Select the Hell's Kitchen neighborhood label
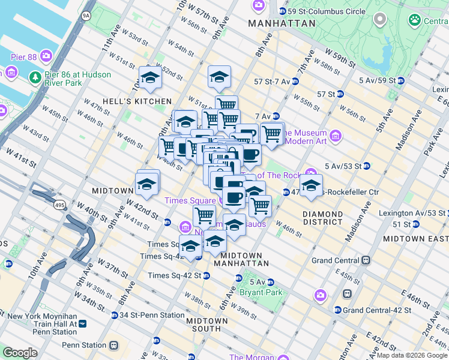pyautogui.click(x=137, y=101)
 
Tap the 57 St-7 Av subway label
pyautogui.click(x=272, y=81)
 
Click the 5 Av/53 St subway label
pyautogui.click(x=342, y=166)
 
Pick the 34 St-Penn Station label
pyautogui.click(x=152, y=315)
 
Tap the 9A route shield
pyautogui.click(x=86, y=15)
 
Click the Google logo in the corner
pyautogui.click(x=20, y=352)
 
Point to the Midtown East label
pyautogui.click(x=415, y=238)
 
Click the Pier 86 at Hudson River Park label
pyautogui.click(x=71, y=79)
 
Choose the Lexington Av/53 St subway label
pyautogui.click(x=413, y=213)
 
